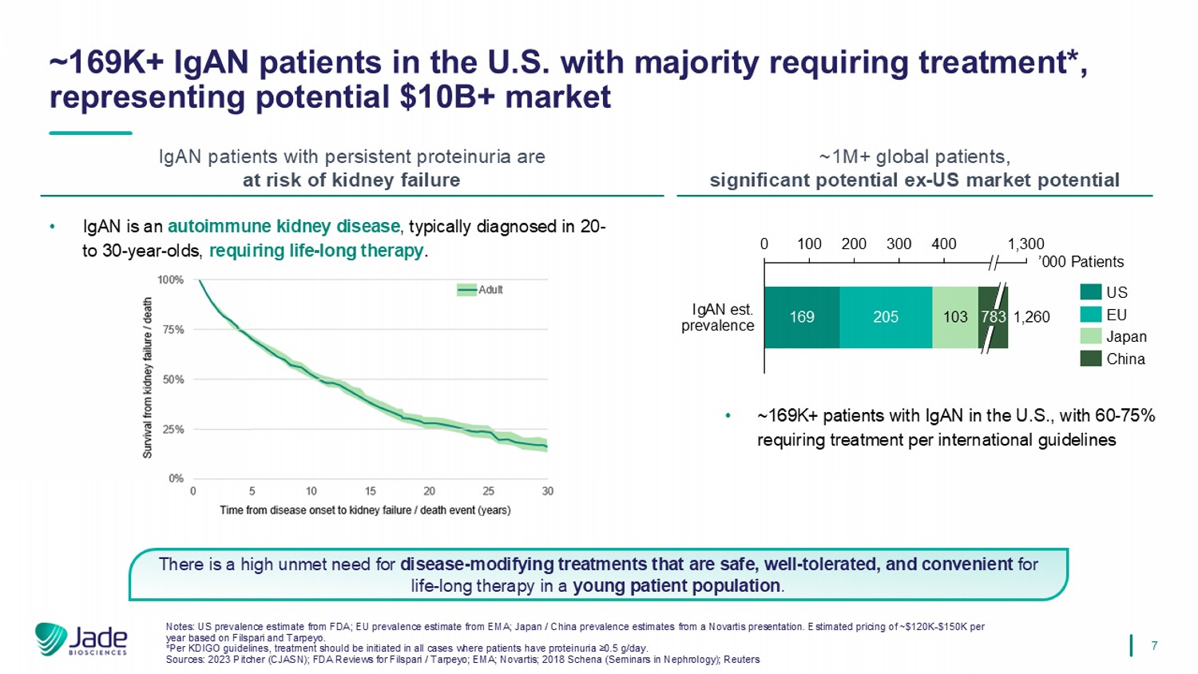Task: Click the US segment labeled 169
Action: [x=802, y=317]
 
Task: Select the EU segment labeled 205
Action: [x=886, y=317]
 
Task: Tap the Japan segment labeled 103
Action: [x=955, y=317]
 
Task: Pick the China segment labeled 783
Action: [x=993, y=317]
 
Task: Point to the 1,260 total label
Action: [x=1031, y=317]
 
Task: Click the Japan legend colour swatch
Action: [x=1091, y=336]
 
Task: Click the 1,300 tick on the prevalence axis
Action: [x=1025, y=244]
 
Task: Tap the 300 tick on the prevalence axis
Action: [x=898, y=244]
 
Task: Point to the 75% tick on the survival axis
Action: [x=173, y=329]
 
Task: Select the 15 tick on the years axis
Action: [x=371, y=491]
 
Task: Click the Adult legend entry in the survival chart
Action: [x=480, y=290]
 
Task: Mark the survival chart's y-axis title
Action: [x=148, y=378]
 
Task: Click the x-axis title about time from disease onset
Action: [x=365, y=510]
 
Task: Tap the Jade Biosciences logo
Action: [x=81, y=640]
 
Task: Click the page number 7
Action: [x=1154, y=645]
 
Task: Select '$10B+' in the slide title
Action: [x=447, y=97]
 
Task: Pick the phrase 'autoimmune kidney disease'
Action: [x=284, y=227]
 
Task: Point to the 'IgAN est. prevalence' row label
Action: [x=717, y=317]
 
